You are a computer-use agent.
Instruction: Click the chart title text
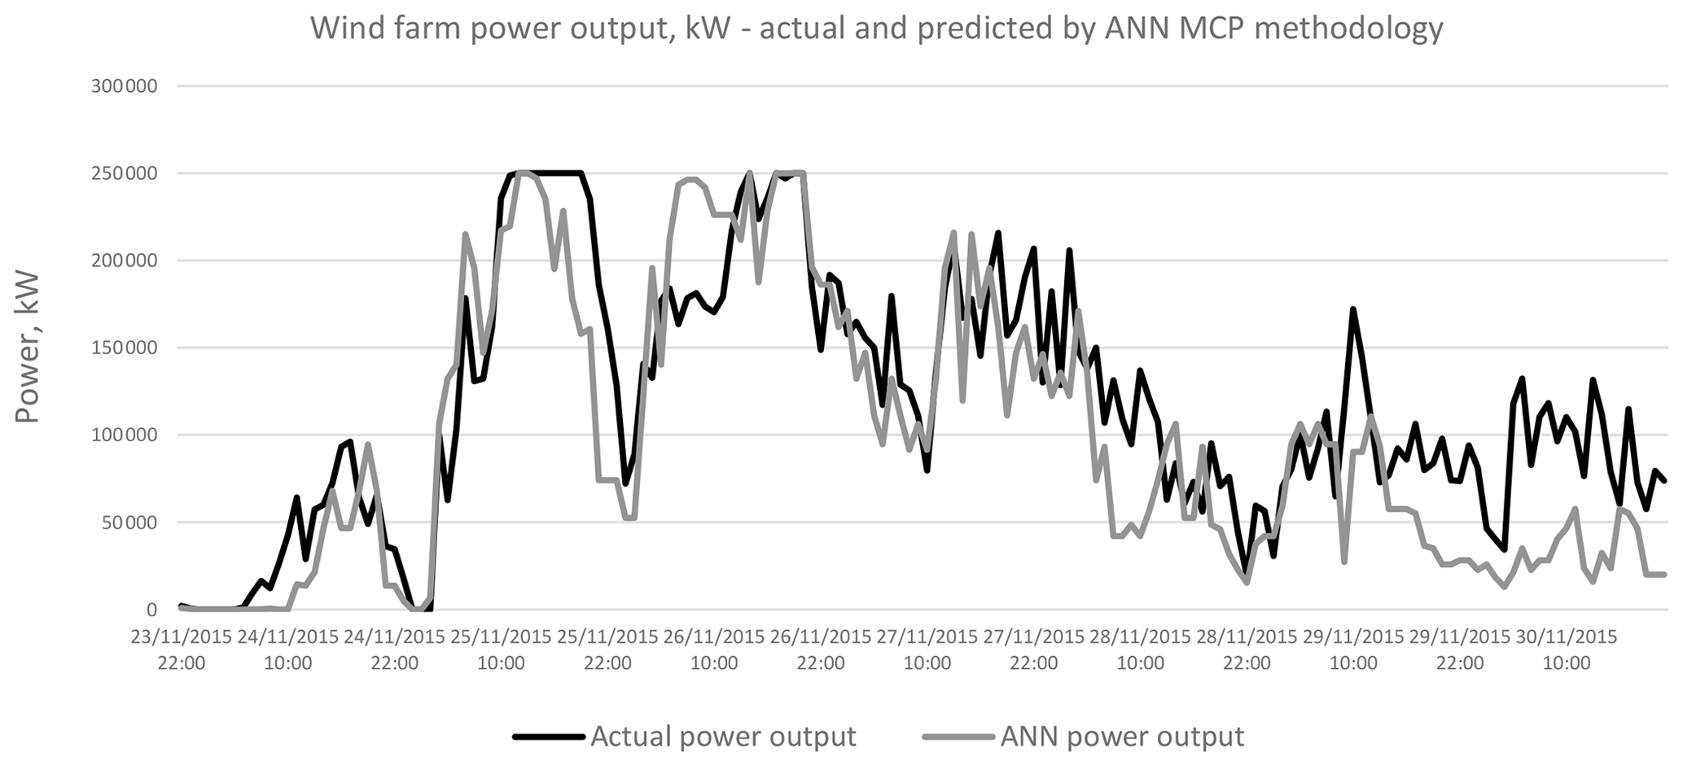click(x=876, y=28)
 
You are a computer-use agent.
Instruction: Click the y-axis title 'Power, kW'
click(x=28, y=348)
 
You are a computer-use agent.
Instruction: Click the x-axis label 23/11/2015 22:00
click(x=182, y=650)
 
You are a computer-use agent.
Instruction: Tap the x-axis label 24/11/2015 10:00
click(x=287, y=650)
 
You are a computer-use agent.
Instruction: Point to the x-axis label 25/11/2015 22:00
click(x=607, y=650)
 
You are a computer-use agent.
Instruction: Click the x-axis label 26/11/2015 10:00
click(x=714, y=650)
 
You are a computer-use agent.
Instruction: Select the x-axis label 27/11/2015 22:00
click(x=1034, y=650)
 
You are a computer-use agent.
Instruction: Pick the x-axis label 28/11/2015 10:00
click(x=1140, y=650)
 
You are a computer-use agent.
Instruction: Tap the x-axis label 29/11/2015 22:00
click(x=1460, y=650)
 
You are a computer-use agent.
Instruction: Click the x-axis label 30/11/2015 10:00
click(x=1567, y=650)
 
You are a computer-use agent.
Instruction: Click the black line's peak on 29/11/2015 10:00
click(x=1352, y=310)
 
